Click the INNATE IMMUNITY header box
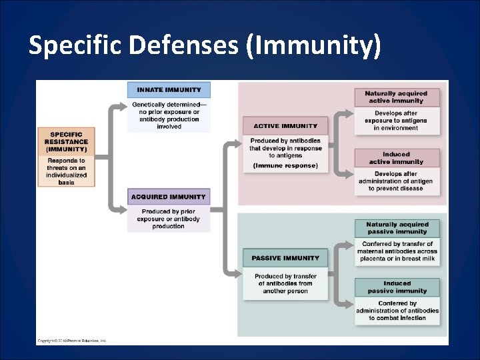pyautogui.click(x=169, y=90)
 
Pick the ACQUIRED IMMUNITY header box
pyautogui.click(x=169, y=197)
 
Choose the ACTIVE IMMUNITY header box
pyautogui.click(x=285, y=126)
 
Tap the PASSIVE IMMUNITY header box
pyautogui.click(x=285, y=258)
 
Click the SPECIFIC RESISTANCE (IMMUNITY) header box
pyautogui.click(x=66, y=141)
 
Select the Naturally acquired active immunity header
pyautogui.click(x=397, y=97)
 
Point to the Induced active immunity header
pyautogui.click(x=397, y=158)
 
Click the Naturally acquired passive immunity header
pyautogui.click(x=397, y=228)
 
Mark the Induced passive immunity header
pyautogui.click(x=397, y=287)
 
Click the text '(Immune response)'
pyautogui.click(x=285, y=165)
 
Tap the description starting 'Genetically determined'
pyautogui.click(x=169, y=115)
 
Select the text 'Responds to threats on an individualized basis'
pyautogui.click(x=66, y=171)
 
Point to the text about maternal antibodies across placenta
pyautogui.click(x=397, y=251)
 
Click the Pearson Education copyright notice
pyautogui.click(x=72, y=341)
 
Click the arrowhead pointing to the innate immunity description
pyautogui.click(x=123, y=105)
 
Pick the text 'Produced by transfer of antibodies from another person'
pyautogui.click(x=285, y=283)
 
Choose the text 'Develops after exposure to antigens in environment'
pyautogui.click(x=397, y=121)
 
